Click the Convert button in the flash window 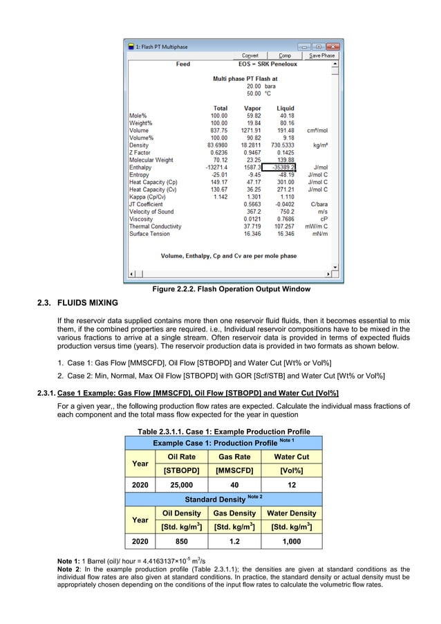tap(250, 55)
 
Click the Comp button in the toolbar tap(285, 55)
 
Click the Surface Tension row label tap(150, 234)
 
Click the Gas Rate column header tap(234, 457)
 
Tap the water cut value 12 tap(291, 485)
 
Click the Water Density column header tap(291, 513)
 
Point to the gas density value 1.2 tap(234, 542)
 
